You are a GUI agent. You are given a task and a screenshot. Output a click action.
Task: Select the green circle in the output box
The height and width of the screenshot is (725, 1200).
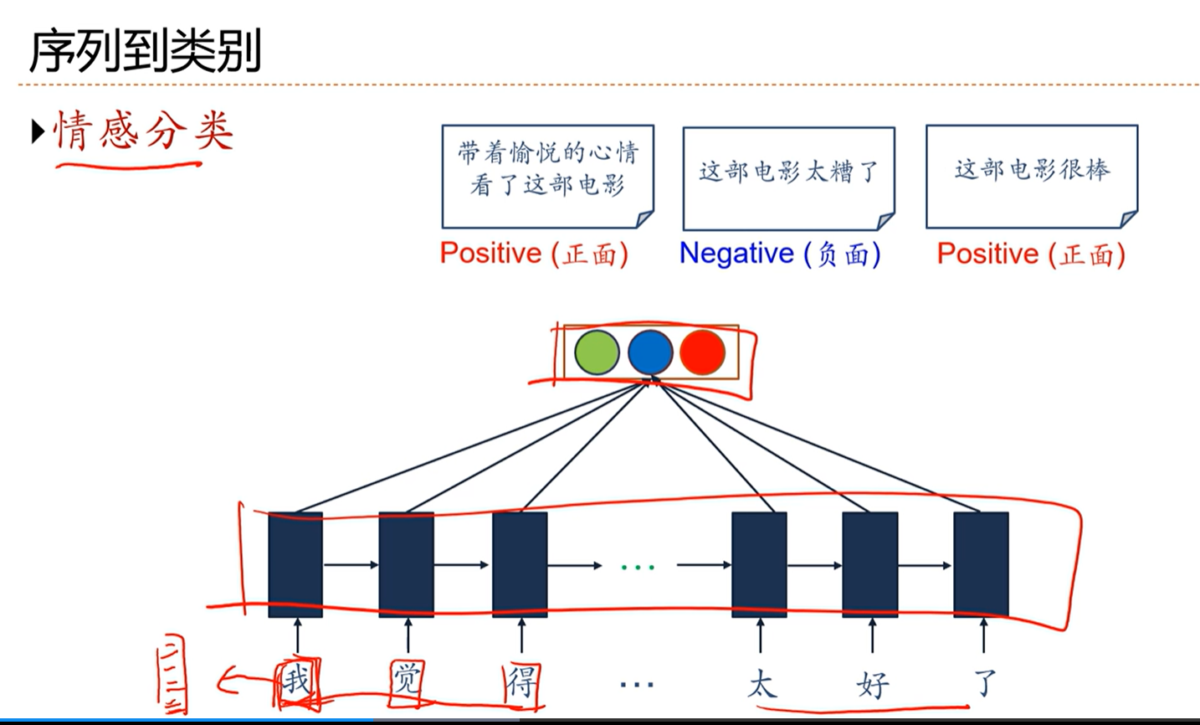pyautogui.click(x=597, y=352)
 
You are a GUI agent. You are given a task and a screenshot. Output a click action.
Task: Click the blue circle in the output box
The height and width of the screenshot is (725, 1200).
pyautogui.click(x=650, y=352)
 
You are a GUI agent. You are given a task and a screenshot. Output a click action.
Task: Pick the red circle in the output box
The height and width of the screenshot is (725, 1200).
pyautogui.click(x=702, y=352)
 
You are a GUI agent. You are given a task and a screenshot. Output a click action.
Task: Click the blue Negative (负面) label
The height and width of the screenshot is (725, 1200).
pyautogui.click(x=780, y=253)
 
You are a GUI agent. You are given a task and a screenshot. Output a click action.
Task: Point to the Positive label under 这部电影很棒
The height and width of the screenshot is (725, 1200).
pyautogui.click(x=1030, y=253)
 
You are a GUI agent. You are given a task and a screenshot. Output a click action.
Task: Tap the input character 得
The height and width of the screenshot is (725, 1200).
pyautogui.click(x=521, y=681)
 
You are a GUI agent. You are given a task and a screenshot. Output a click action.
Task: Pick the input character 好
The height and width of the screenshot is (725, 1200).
pyautogui.click(x=872, y=684)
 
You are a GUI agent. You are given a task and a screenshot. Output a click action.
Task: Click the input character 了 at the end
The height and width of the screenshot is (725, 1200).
pyautogui.click(x=985, y=682)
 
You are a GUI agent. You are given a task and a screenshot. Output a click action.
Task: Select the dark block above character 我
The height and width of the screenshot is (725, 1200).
pyautogui.click(x=295, y=564)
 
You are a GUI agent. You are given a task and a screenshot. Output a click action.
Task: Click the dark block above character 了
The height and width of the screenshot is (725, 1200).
pyautogui.click(x=981, y=564)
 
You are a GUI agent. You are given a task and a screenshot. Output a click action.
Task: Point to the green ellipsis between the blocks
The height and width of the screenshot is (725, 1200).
pyautogui.click(x=638, y=568)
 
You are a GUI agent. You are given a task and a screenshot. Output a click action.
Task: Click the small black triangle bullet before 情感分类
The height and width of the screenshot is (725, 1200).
pyautogui.click(x=38, y=131)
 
